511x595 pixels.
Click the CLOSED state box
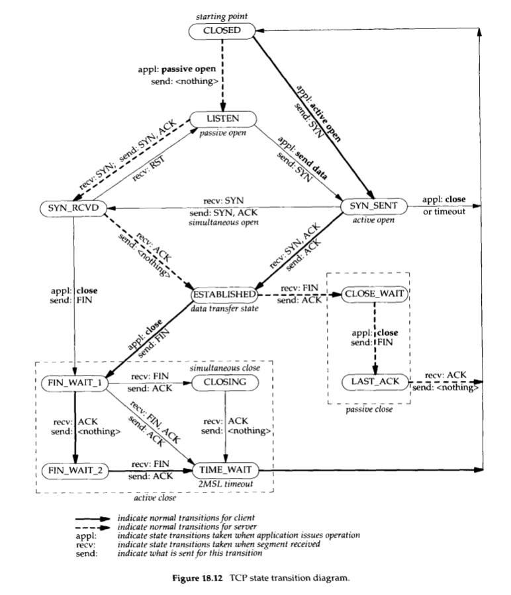[222, 30]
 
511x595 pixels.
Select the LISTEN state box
[223, 119]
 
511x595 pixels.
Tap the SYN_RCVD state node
[73, 208]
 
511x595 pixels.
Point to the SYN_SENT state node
[373, 206]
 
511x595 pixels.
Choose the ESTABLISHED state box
[224, 294]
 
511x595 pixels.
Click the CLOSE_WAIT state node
[375, 294]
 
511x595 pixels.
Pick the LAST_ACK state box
[375, 381]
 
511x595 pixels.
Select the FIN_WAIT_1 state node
[74, 383]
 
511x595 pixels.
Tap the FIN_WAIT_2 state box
[75, 471]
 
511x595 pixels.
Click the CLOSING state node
[225, 383]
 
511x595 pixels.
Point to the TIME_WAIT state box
[226, 470]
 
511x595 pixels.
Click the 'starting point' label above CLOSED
[222, 17]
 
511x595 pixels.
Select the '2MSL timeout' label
[226, 484]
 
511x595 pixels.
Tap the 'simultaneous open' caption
[223, 222]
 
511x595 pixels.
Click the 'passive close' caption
[369, 409]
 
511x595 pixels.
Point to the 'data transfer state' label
[224, 309]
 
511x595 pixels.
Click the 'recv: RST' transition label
[148, 168]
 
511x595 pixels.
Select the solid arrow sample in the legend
[92, 519]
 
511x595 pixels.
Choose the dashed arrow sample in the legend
[92, 528]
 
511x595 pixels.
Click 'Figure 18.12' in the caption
[197, 578]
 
